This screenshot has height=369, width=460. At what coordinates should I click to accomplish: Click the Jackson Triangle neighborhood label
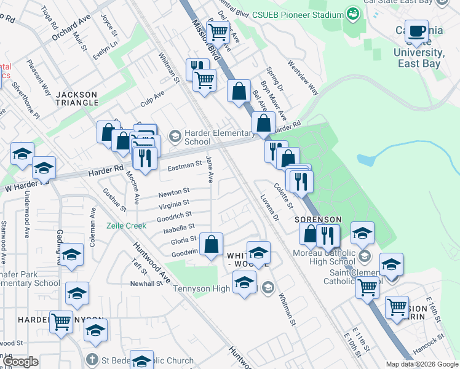tap(76, 98)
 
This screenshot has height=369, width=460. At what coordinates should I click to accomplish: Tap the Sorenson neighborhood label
tap(317, 220)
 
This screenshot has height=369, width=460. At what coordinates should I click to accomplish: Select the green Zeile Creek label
tap(127, 226)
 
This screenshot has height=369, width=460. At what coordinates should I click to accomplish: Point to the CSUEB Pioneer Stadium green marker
tap(353, 13)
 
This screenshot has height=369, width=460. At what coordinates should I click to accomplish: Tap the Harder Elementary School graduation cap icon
tap(175, 135)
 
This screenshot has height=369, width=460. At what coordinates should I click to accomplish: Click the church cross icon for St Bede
tap(92, 359)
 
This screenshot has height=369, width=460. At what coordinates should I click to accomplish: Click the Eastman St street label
tap(184, 165)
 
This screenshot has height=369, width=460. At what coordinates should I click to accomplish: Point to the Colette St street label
tap(284, 196)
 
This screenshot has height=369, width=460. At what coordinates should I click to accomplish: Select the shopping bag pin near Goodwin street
tap(211, 245)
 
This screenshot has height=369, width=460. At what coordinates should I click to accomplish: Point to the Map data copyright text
tap(421, 364)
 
